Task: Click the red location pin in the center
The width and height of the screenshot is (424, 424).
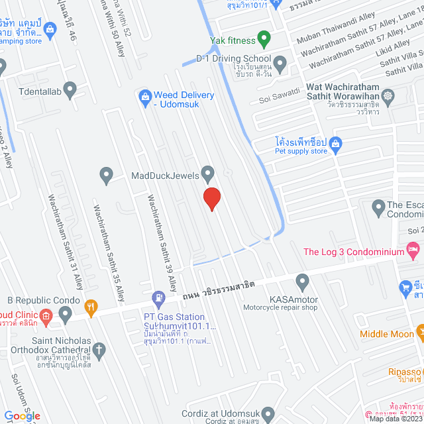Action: (211, 198)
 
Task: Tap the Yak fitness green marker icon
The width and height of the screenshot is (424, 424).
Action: (263, 39)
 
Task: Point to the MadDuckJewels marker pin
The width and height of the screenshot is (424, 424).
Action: (208, 174)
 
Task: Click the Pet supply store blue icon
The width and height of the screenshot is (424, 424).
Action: (335, 142)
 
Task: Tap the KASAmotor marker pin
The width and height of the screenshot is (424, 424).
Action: (302, 282)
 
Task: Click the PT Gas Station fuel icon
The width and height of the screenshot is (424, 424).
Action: (158, 299)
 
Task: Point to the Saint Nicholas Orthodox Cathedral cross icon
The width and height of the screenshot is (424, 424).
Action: (99, 348)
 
